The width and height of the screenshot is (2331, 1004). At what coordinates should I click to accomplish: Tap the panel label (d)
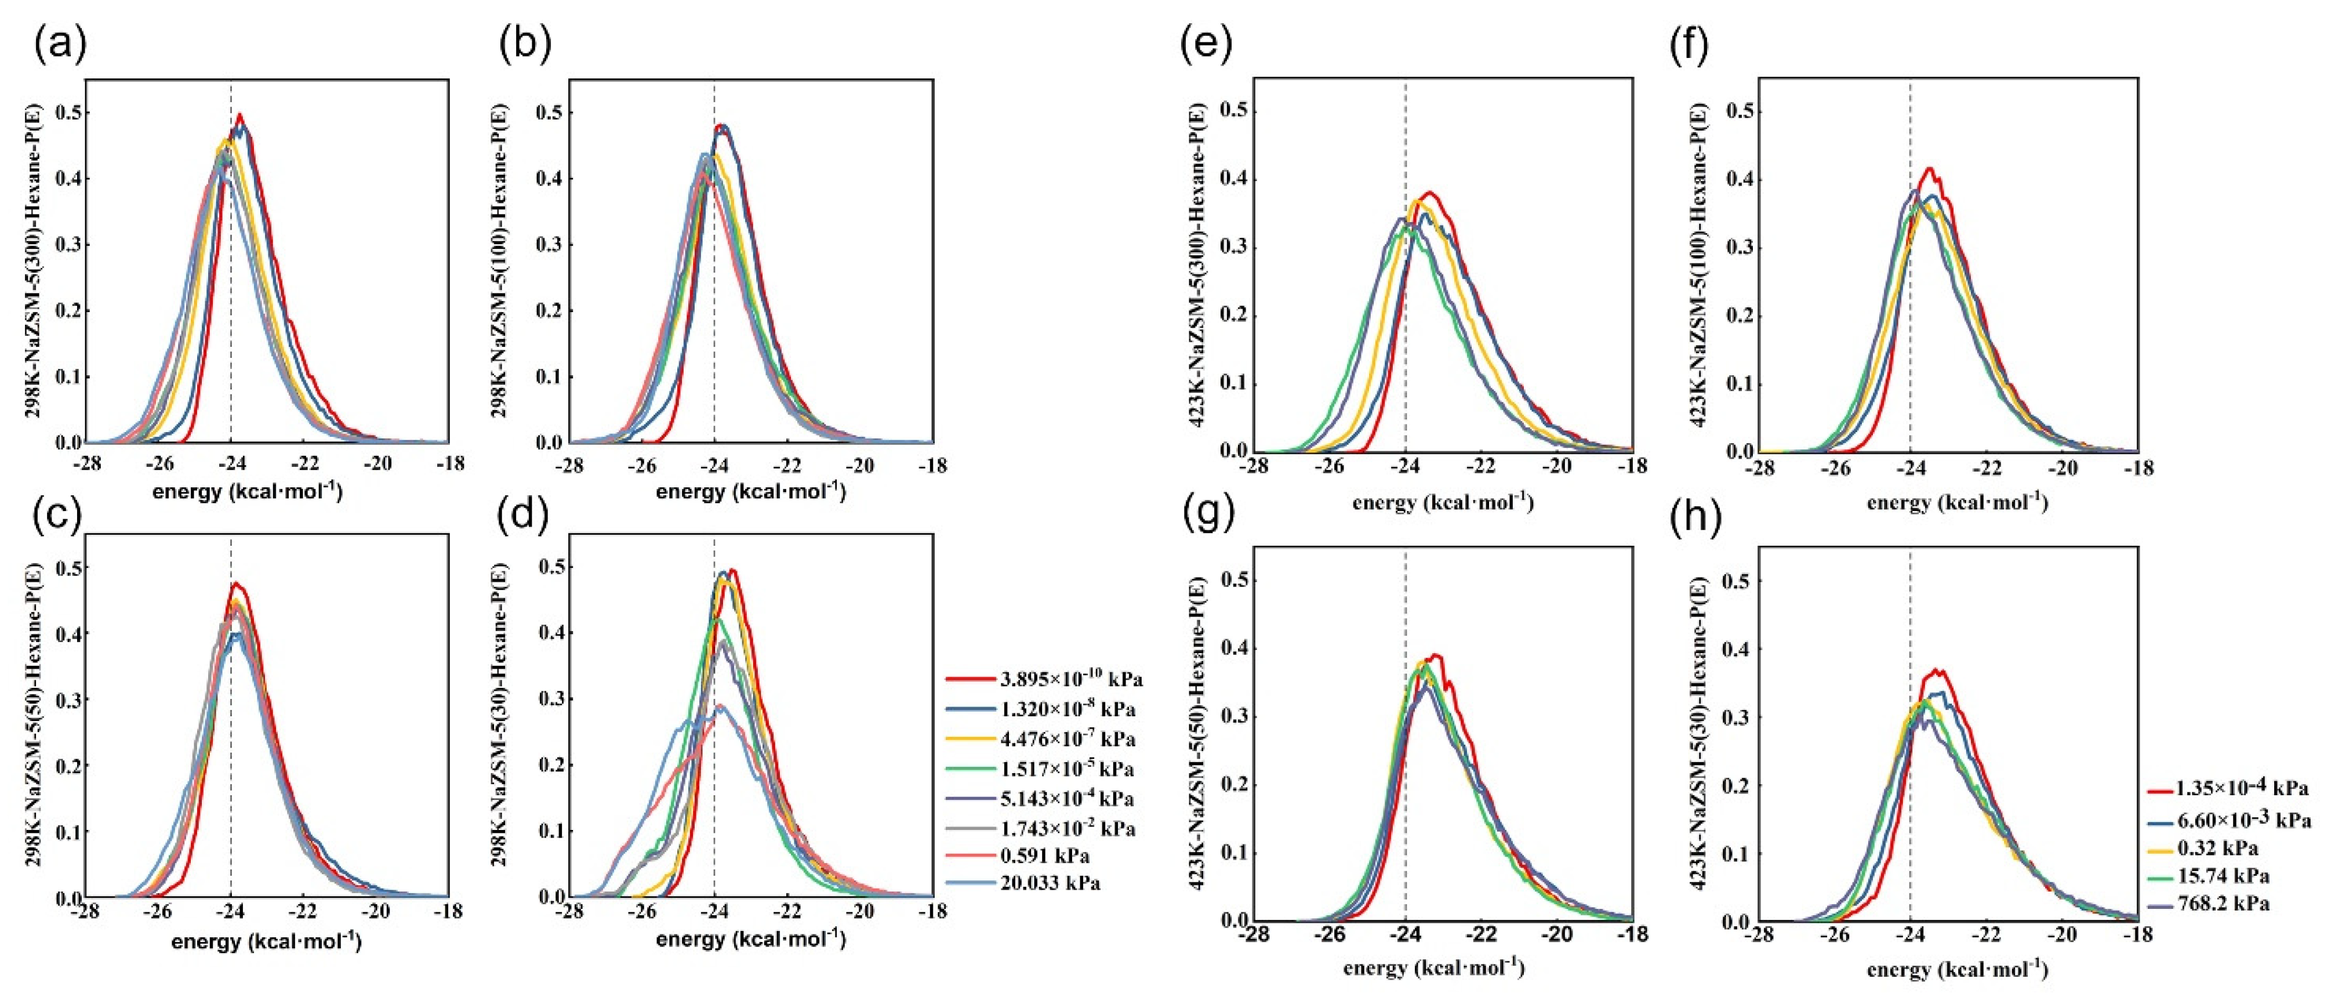pyautogui.click(x=525, y=516)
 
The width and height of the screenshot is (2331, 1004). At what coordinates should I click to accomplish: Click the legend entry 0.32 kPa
pyautogui.click(x=2217, y=849)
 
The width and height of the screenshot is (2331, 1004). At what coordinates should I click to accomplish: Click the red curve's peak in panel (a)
pyautogui.click(x=240, y=115)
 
